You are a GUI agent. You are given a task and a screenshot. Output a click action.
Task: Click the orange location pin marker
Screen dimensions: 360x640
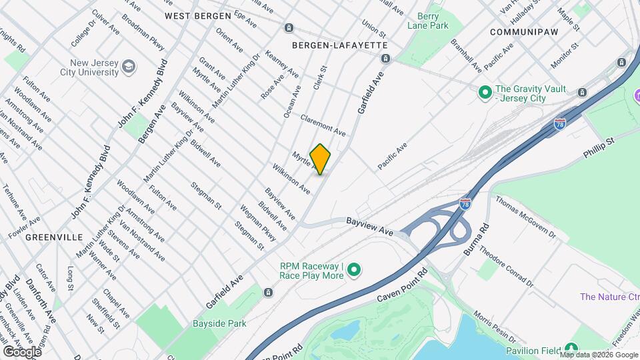tap(321, 159)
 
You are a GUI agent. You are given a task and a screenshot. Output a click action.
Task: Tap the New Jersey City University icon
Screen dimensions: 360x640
tap(128, 67)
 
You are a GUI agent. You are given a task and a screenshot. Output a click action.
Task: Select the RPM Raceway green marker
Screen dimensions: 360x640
tap(355, 270)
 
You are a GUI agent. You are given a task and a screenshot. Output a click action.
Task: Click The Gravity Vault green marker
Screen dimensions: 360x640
tap(485, 91)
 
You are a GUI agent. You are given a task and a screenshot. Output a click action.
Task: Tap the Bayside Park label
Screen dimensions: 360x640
tap(219, 324)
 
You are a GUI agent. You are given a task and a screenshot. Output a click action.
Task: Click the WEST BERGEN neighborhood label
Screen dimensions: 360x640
tap(198, 15)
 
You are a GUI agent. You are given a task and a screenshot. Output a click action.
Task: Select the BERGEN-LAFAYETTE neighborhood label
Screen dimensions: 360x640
tap(340, 45)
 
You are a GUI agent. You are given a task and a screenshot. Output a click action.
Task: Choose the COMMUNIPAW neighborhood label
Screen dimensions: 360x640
tap(523, 31)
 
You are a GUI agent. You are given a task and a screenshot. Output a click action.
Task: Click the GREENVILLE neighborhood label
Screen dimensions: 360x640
tap(54, 237)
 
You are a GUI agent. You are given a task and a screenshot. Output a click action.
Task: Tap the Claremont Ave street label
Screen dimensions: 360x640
tap(323, 124)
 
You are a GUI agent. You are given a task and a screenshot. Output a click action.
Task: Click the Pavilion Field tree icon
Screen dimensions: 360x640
tap(570, 349)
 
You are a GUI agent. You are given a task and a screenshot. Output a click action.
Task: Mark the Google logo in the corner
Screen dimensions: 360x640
tap(22, 351)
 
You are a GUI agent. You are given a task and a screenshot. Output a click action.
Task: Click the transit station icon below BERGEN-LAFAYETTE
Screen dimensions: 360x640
tap(385, 59)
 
